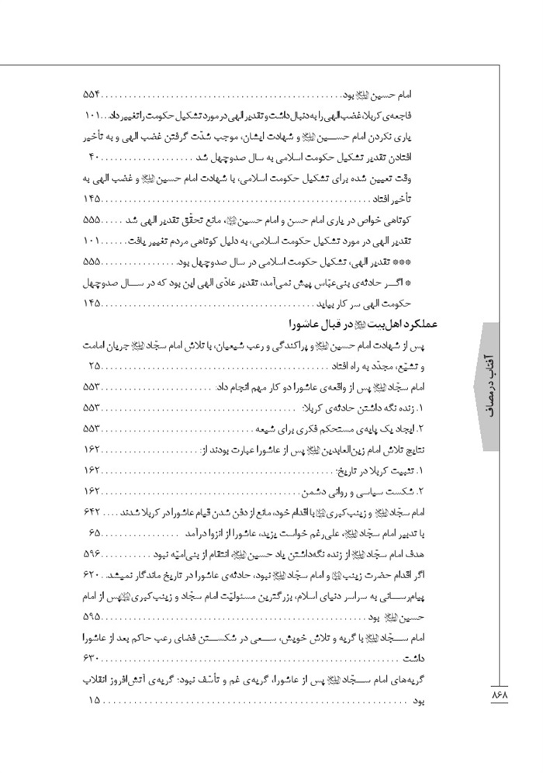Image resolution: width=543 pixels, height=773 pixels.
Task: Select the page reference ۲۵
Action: pos(93,366)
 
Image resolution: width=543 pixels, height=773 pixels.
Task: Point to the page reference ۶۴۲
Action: pos(92,512)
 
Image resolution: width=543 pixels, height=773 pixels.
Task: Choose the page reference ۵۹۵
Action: pos(92,617)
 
